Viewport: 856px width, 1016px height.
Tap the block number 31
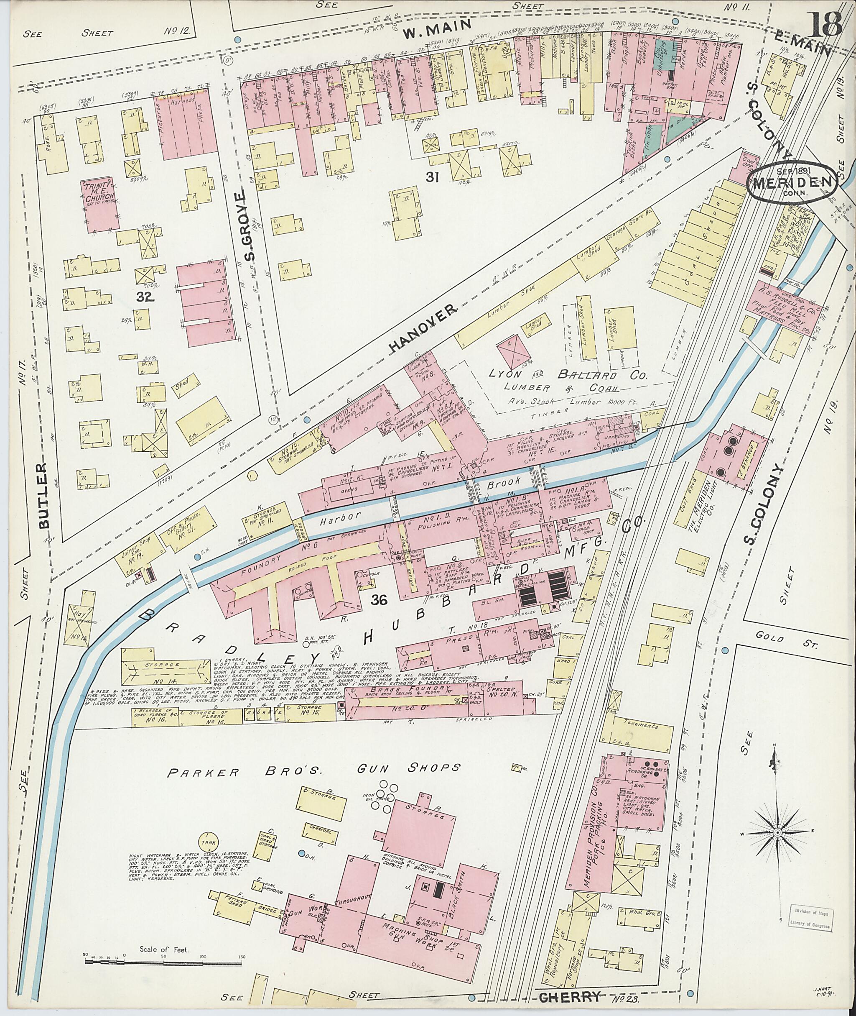(x=432, y=177)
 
